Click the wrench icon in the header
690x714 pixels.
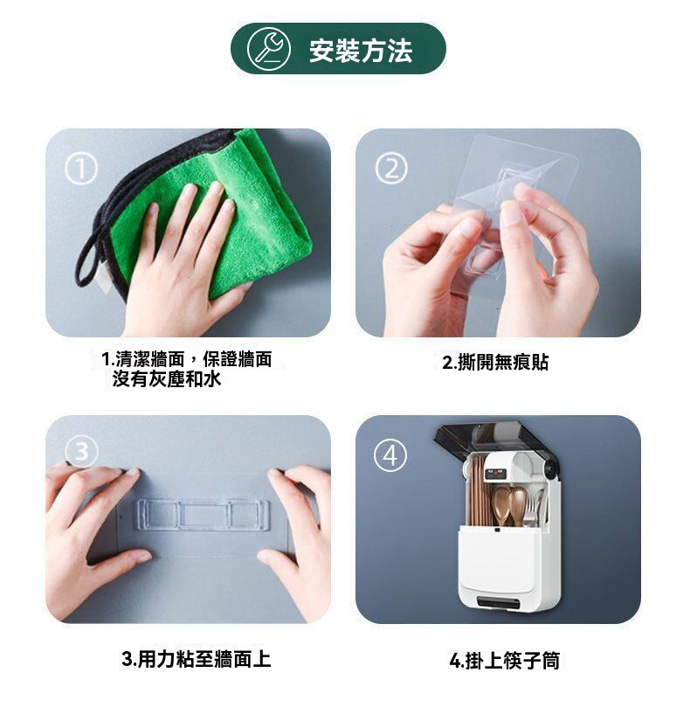pos(268,49)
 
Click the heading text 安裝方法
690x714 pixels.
pos(361,50)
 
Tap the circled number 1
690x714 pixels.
pos(81,169)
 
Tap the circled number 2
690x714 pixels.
pos(391,169)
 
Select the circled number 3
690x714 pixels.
pos(81,452)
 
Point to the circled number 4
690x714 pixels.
pos(390,455)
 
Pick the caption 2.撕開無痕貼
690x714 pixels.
pos(495,363)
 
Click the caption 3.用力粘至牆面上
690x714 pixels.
pos(197,659)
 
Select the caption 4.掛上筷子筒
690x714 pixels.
pos(504,661)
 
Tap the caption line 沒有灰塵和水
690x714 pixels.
pos(167,379)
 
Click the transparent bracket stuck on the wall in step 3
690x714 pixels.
pos(203,515)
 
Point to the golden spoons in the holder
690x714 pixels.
pos(510,505)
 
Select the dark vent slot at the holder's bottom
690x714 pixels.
pos(499,603)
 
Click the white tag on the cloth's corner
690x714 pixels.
pos(102,277)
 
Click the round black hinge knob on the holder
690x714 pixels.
pos(552,468)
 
